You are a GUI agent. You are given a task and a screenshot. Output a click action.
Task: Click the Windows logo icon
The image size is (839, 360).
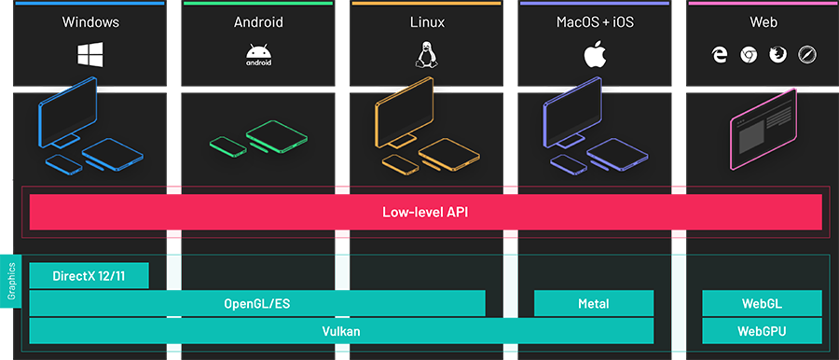point(89,55)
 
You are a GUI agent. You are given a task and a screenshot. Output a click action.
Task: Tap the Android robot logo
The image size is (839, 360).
point(258,55)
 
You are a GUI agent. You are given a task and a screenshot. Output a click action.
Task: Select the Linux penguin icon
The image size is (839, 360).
point(426,55)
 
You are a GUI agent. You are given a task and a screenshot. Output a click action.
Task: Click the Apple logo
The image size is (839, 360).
point(595,55)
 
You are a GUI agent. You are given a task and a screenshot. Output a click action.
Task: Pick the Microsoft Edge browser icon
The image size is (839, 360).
point(720,55)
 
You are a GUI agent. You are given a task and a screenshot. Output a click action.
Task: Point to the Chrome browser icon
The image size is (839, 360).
point(749,55)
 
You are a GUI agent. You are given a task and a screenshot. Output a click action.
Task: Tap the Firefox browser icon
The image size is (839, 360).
point(777,55)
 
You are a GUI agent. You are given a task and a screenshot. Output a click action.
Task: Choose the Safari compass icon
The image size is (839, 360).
point(806,55)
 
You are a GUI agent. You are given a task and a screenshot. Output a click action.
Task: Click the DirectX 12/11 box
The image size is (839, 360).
point(89,276)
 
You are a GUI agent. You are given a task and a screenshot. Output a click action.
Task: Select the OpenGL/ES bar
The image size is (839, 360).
point(257,303)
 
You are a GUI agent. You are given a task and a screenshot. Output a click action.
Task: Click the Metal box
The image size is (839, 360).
point(594,303)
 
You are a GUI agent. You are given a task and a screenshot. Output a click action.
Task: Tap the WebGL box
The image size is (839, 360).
point(762,303)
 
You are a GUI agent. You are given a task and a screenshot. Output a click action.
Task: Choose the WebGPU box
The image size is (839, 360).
point(762,331)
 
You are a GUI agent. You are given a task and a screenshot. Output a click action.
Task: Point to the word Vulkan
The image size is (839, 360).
point(341,331)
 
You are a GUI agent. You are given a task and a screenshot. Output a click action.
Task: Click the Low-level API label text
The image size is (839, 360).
point(426,212)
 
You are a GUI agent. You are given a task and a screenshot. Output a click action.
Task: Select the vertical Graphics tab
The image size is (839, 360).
point(10,282)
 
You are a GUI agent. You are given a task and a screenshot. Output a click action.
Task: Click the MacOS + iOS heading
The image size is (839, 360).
point(595,22)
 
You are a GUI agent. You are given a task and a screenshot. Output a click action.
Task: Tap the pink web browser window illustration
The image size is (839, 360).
point(763,129)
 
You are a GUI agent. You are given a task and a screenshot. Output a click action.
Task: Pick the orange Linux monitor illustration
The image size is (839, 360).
point(405,113)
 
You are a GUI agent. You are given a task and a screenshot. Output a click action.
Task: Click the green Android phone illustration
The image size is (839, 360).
point(228,147)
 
